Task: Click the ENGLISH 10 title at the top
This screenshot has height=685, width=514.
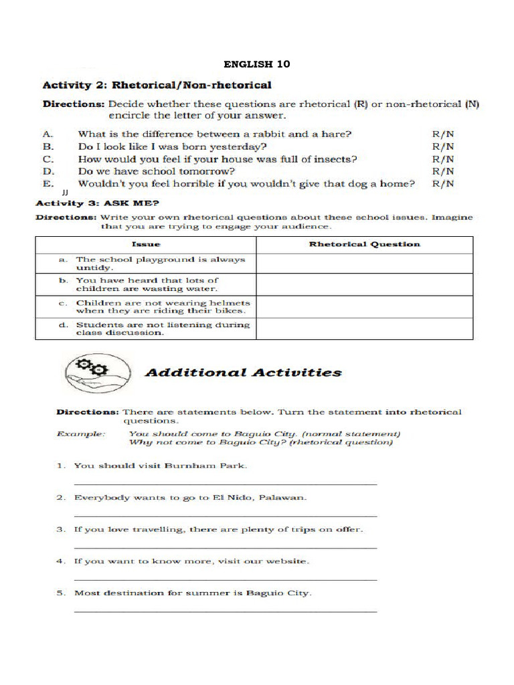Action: [257, 64]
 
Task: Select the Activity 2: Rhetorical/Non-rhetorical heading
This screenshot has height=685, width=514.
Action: [157, 85]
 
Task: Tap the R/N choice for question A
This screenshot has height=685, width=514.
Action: [443, 134]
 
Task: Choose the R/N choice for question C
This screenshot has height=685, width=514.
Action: [443, 159]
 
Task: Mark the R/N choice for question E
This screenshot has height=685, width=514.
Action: [443, 183]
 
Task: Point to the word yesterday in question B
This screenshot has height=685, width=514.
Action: [240, 146]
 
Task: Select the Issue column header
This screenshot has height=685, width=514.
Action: [145, 244]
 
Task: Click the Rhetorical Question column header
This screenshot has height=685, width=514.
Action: [364, 244]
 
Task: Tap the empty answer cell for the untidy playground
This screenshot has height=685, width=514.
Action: [364, 264]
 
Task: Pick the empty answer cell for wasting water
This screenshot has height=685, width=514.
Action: [364, 285]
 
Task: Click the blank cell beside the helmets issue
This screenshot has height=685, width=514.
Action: [364, 307]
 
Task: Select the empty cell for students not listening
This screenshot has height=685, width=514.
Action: [364, 329]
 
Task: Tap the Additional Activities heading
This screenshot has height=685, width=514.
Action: [243, 373]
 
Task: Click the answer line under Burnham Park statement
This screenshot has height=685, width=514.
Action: [225, 483]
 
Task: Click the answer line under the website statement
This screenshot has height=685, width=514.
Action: [225, 579]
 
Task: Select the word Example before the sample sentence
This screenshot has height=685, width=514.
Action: [81, 433]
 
